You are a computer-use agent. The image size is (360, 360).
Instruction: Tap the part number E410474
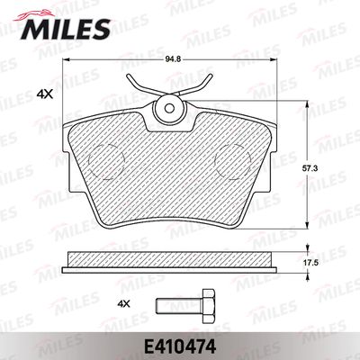click(x=180, y=347)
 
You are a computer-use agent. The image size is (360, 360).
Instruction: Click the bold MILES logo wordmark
click(x=66, y=30)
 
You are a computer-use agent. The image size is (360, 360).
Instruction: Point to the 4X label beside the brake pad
click(x=44, y=95)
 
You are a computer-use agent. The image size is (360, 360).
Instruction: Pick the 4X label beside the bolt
click(x=124, y=304)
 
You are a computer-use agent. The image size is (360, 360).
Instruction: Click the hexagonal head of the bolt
click(x=209, y=306)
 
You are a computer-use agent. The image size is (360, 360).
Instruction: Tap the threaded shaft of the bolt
click(x=179, y=306)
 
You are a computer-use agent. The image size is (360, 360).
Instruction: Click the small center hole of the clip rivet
click(x=170, y=108)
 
